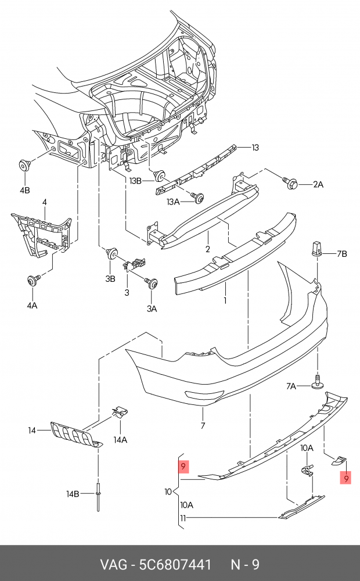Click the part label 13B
tap(135, 181)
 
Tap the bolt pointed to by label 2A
tap(292, 183)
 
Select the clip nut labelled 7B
tap(316, 249)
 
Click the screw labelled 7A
tap(318, 382)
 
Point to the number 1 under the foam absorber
tap(225, 301)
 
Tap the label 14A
tap(120, 440)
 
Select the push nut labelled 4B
tap(24, 166)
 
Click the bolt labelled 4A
tap(31, 281)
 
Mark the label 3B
tap(110, 278)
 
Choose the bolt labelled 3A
tap(153, 284)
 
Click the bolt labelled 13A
tap(199, 199)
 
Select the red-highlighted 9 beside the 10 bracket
tap(183, 467)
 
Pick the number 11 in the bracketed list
tap(182, 518)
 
